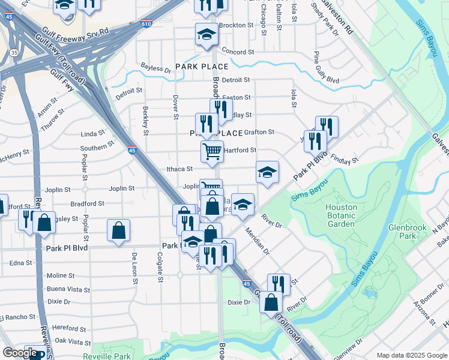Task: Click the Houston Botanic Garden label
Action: [342, 215]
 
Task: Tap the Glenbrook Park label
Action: [402, 232]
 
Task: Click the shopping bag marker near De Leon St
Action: [119, 230]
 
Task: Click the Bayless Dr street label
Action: [156, 69]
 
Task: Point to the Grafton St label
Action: [260, 132]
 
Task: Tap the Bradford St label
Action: [87, 204]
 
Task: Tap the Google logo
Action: [20, 353]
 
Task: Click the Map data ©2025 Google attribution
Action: [412, 355]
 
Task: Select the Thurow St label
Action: [52, 116]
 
